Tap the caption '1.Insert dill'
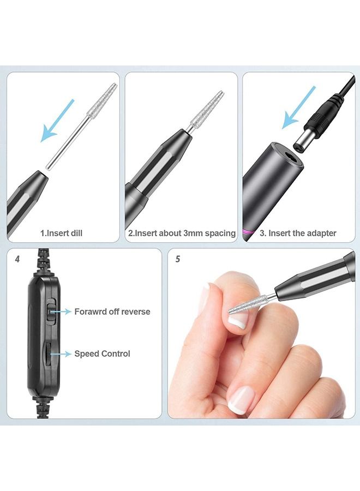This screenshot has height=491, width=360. [61, 233]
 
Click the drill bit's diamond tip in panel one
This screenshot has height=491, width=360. [103, 101]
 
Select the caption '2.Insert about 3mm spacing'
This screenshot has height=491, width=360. [182, 233]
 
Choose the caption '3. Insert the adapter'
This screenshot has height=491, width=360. [298, 233]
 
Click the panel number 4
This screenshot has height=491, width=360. [17, 259]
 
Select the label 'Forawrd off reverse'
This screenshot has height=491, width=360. [112, 312]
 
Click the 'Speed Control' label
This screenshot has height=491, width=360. [102, 354]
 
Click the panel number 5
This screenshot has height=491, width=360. [178, 259]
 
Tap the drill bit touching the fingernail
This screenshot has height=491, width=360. [248, 304]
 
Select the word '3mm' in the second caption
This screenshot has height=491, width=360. [193, 233]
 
